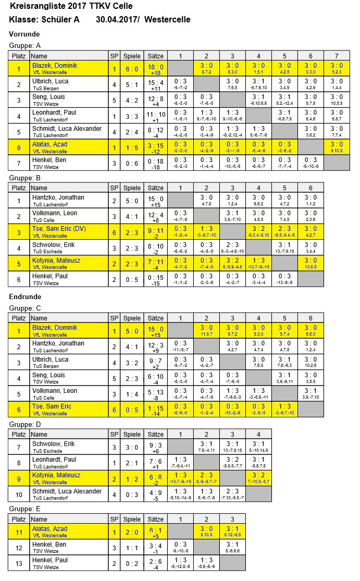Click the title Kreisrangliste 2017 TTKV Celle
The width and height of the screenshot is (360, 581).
pos(71,6)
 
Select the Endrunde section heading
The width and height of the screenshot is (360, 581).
pos(26,296)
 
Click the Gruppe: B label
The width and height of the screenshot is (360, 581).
pos(25,177)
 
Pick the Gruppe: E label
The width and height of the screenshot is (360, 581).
pos(25,509)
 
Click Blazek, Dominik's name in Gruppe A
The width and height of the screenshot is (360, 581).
pos(55,66)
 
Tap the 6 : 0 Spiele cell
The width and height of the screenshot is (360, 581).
pos(132,69)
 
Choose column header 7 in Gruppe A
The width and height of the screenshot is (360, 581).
pos(337,56)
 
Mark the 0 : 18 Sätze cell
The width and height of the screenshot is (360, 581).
pos(155,160)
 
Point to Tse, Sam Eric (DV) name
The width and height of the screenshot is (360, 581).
pos(59,229)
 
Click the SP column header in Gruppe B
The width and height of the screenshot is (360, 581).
pos(114,188)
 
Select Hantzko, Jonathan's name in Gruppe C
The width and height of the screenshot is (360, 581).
pos(58,343)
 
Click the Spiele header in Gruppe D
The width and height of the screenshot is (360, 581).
pos(132,434)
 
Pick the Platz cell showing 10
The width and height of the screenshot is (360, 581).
pos(19,494)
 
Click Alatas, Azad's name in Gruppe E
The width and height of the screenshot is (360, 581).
pos(49,529)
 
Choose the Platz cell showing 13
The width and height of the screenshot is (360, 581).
pos(19,563)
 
